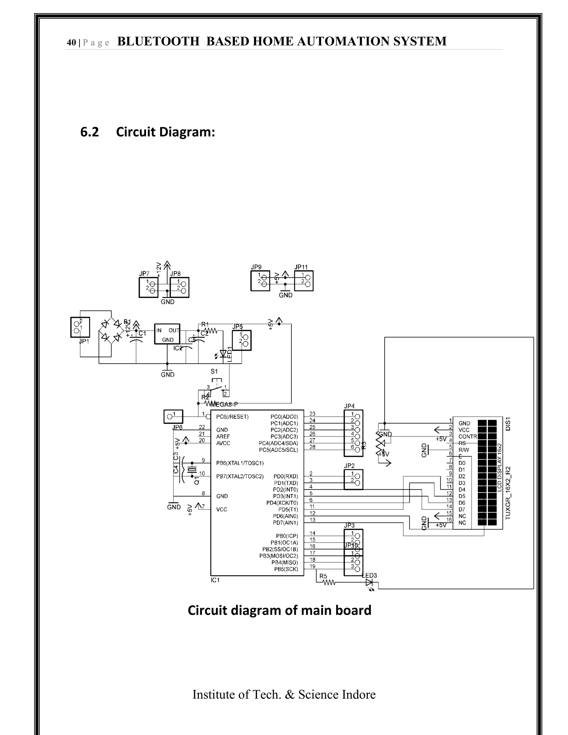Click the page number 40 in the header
click(x=71, y=42)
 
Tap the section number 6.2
click(x=90, y=132)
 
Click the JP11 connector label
click(x=301, y=267)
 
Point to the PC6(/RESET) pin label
click(x=232, y=417)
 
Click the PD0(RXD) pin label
click(x=285, y=476)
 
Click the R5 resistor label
click(x=323, y=576)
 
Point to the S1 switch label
click(x=214, y=372)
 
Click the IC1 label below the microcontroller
click(x=215, y=580)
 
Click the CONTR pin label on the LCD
click(x=467, y=437)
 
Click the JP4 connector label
click(x=349, y=406)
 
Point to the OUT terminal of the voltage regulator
click(x=174, y=331)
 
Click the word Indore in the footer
click(x=359, y=695)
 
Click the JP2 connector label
click(x=349, y=466)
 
